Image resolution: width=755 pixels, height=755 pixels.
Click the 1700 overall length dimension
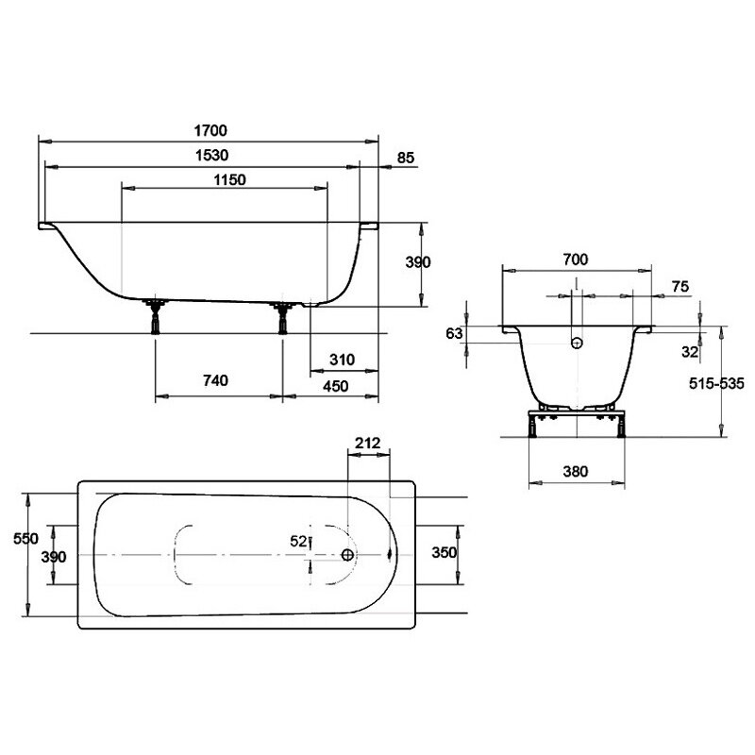[x=210, y=130]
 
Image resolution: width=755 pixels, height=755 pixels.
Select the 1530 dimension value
[x=211, y=156]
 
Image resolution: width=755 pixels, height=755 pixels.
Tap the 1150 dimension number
[x=229, y=180]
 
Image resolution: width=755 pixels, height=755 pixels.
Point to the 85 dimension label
[x=406, y=158]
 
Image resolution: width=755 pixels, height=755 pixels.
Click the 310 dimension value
[x=342, y=360]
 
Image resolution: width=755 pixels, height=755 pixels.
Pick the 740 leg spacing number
[x=215, y=381]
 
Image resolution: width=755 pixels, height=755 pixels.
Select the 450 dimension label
[x=336, y=386]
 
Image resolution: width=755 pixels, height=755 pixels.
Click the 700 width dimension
[x=576, y=260]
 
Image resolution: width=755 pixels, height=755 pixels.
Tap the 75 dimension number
[x=680, y=287]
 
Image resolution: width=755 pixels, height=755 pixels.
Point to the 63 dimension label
[x=454, y=333]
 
